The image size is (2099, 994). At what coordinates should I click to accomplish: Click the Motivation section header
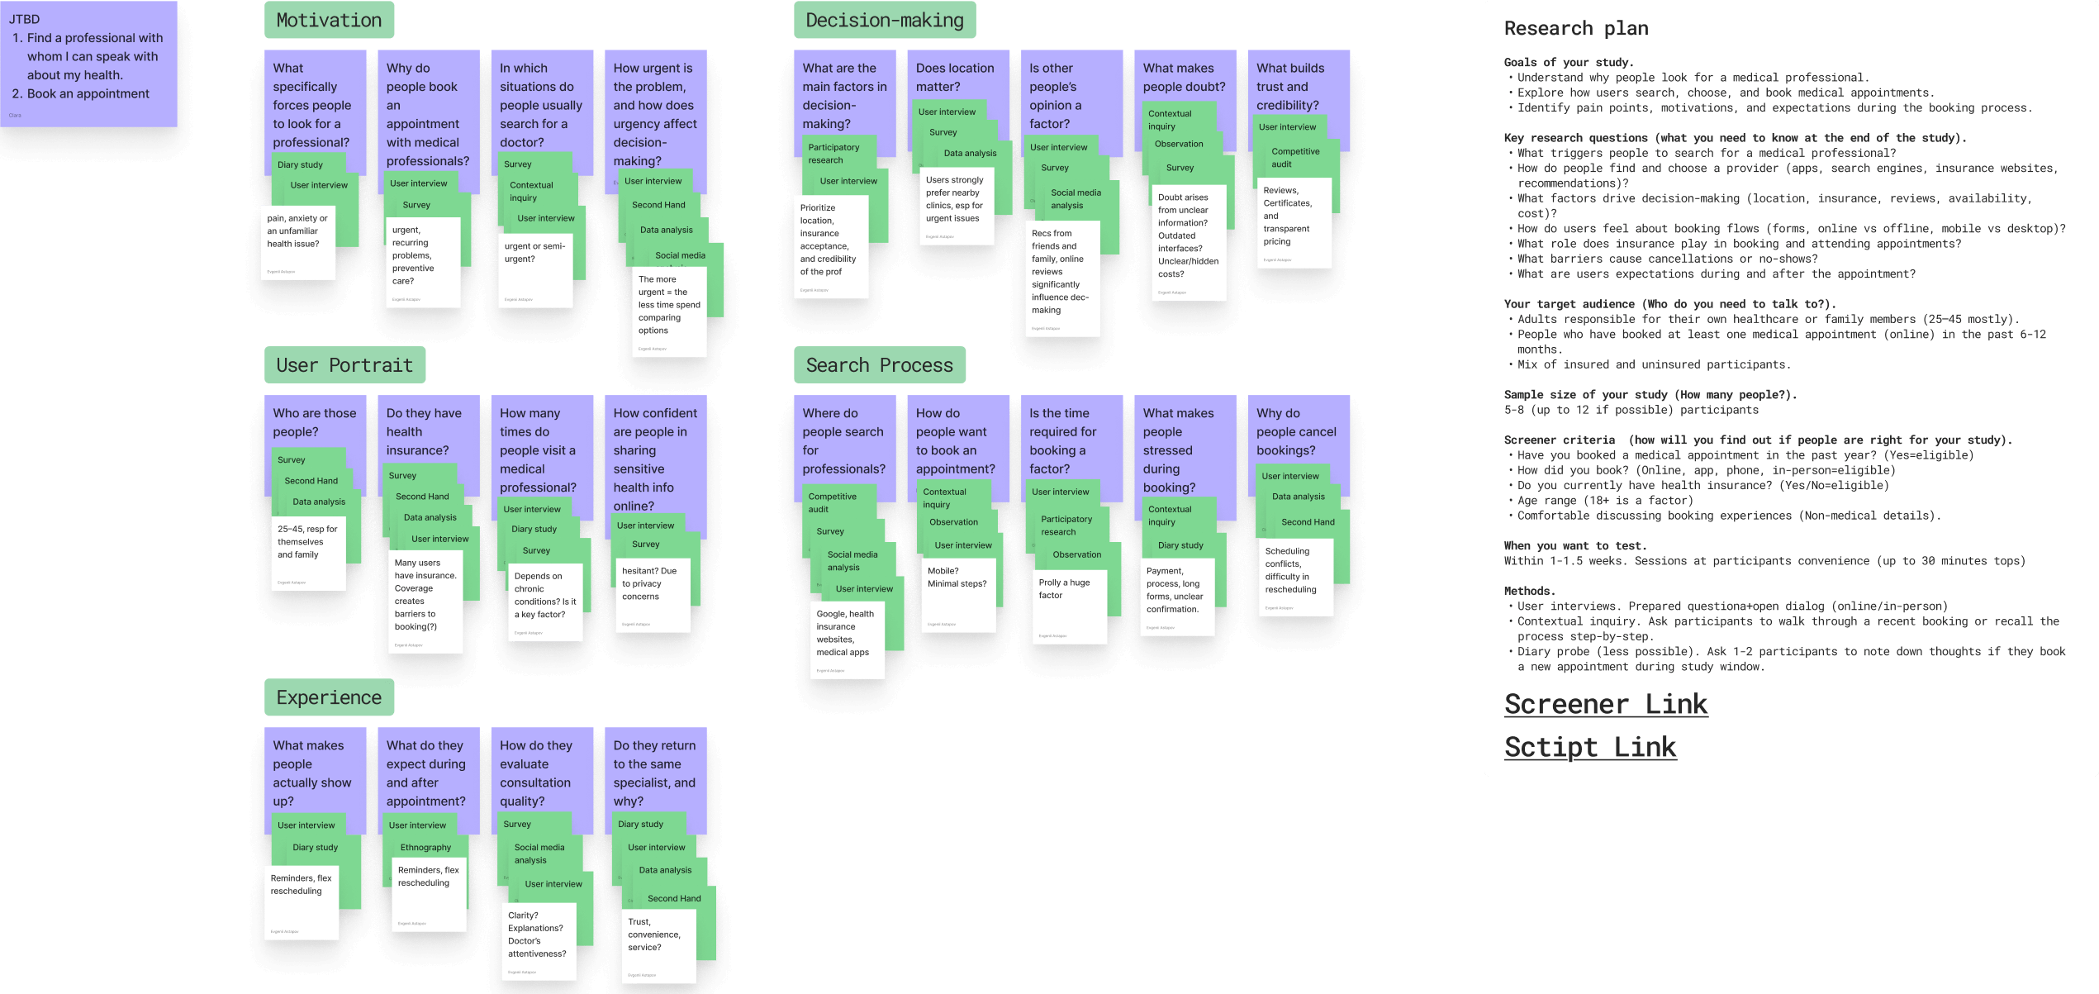[329, 21]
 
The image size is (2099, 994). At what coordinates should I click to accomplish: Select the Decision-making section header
[884, 21]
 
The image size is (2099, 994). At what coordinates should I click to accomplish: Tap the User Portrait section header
[344, 365]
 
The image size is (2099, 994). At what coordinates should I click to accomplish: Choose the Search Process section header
[879, 365]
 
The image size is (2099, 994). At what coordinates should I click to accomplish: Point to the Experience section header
[329, 697]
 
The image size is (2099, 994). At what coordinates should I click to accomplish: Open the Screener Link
[1605, 704]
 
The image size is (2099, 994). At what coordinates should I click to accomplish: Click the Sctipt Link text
[1589, 747]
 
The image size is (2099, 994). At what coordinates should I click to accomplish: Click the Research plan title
[1575, 29]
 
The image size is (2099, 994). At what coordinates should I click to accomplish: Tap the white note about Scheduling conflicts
[1294, 577]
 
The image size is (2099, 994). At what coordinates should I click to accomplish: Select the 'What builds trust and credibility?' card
[1297, 86]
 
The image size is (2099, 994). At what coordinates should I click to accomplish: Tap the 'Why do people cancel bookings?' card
[1297, 431]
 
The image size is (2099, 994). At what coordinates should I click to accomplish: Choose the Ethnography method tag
[425, 848]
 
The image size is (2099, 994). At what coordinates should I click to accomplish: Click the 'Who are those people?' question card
[315, 422]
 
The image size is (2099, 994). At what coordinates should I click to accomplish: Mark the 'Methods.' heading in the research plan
[1529, 591]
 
